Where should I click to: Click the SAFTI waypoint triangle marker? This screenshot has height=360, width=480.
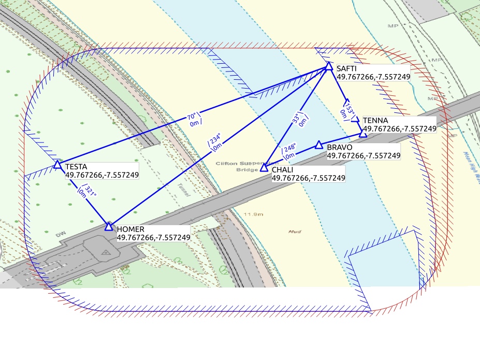[x=329, y=66]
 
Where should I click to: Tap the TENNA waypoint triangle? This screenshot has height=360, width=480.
[x=363, y=134]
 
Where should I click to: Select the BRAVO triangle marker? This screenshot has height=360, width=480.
[x=319, y=145]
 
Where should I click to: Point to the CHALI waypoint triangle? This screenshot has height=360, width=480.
[x=264, y=167]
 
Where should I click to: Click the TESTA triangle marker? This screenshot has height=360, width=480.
[x=57, y=165]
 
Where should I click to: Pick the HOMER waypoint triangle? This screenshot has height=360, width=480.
[x=109, y=226]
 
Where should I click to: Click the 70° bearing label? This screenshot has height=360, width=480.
[x=192, y=117]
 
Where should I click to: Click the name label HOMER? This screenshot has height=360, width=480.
[x=130, y=229]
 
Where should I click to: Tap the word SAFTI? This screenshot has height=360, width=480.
[x=346, y=68]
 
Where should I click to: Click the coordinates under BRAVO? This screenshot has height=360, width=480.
[x=363, y=155]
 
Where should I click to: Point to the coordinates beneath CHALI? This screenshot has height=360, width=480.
[x=308, y=178]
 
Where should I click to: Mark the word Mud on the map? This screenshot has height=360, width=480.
[x=295, y=232]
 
